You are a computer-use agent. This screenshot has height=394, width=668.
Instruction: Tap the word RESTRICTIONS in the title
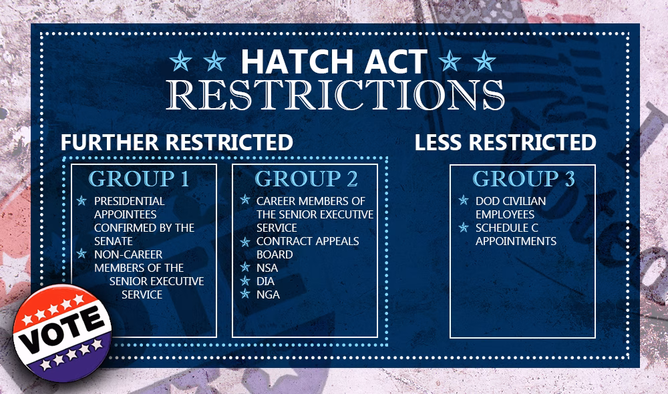pyautogui.click(x=335, y=95)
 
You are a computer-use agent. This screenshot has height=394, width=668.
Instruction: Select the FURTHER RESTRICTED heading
pyautogui.click(x=177, y=142)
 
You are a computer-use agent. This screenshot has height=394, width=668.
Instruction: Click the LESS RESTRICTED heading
pyautogui.click(x=505, y=142)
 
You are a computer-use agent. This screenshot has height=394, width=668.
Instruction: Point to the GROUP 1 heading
pyautogui.click(x=139, y=179)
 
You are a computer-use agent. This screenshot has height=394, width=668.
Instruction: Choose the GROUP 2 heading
pyautogui.click(x=306, y=179)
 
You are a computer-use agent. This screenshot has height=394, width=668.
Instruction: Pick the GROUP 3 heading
pyautogui.click(x=524, y=179)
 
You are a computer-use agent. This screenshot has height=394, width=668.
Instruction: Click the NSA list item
pyautogui.click(x=267, y=268)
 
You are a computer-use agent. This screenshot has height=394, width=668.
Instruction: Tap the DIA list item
pyautogui.click(x=265, y=281)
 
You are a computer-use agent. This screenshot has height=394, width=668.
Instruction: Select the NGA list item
pyautogui.click(x=268, y=294)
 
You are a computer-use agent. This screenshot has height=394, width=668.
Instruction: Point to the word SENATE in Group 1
pyautogui.click(x=114, y=241)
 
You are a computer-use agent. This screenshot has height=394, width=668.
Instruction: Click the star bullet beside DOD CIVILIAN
pyautogui.click(x=464, y=200)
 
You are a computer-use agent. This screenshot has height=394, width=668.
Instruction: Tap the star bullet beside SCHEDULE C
pyautogui.click(x=464, y=228)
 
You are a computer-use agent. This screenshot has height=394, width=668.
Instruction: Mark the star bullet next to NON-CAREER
pyautogui.click(x=81, y=254)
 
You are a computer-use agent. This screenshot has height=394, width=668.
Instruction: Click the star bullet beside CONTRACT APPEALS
pyautogui.click(x=245, y=242)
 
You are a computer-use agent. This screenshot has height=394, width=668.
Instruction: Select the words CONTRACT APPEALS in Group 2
pyautogui.click(x=307, y=241)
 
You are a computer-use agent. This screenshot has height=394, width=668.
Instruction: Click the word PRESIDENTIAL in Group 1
pyautogui.click(x=129, y=201)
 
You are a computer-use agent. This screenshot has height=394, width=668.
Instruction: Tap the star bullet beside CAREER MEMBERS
pyautogui.click(x=245, y=200)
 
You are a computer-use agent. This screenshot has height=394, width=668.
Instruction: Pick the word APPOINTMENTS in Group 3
pyautogui.click(x=516, y=241)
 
